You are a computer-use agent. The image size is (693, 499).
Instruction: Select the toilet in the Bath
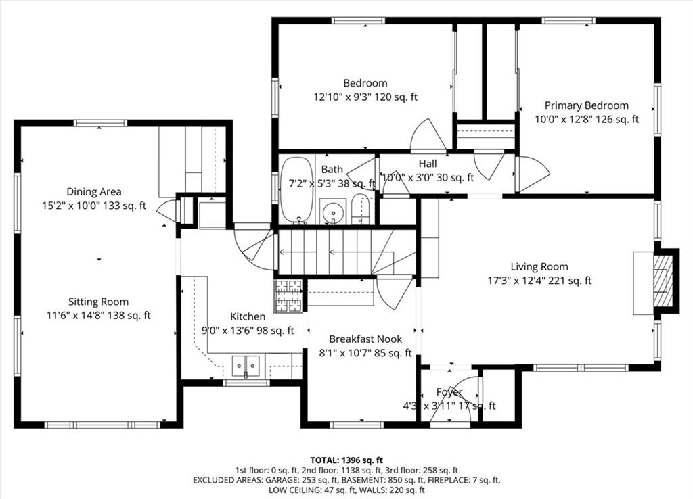360,210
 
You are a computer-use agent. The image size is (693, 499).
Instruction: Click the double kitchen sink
246,366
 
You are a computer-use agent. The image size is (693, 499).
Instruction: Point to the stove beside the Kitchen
288,296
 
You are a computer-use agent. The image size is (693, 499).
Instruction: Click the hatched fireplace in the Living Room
662,280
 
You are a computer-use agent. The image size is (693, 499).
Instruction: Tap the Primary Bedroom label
587,105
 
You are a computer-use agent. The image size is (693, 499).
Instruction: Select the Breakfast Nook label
365,339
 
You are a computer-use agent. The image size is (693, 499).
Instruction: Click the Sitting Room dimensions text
99,316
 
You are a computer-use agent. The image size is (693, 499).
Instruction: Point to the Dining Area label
93,191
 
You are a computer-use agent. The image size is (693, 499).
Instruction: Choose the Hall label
428,164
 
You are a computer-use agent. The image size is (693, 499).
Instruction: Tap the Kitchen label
248,316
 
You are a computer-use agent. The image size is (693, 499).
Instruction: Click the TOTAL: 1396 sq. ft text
346,460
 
